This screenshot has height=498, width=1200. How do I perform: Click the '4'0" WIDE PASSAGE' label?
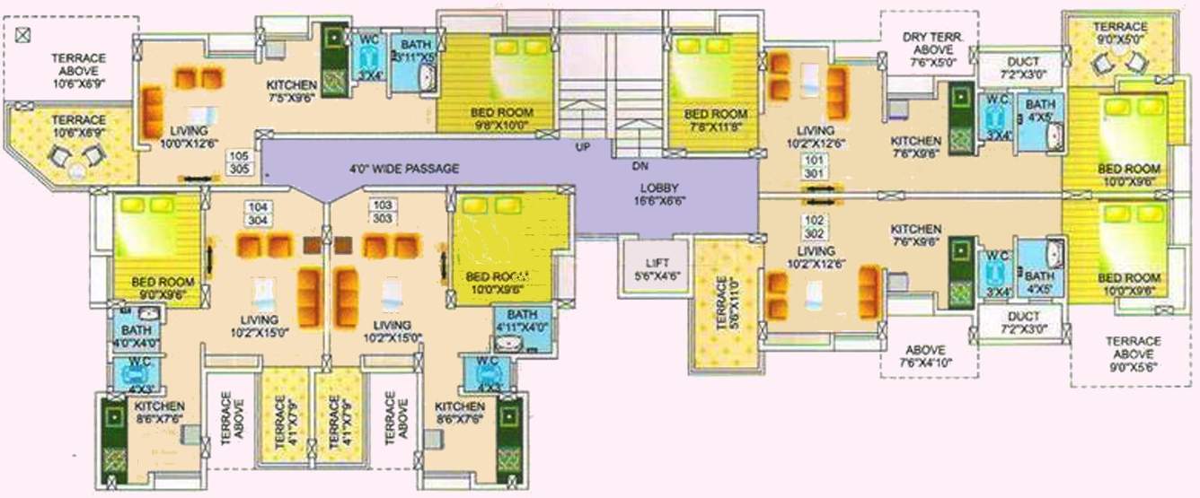404,169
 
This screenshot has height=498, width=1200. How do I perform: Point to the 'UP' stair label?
582,145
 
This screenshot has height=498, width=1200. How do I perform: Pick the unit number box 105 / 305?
239,162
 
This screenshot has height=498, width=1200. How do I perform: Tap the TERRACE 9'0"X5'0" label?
1120,33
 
